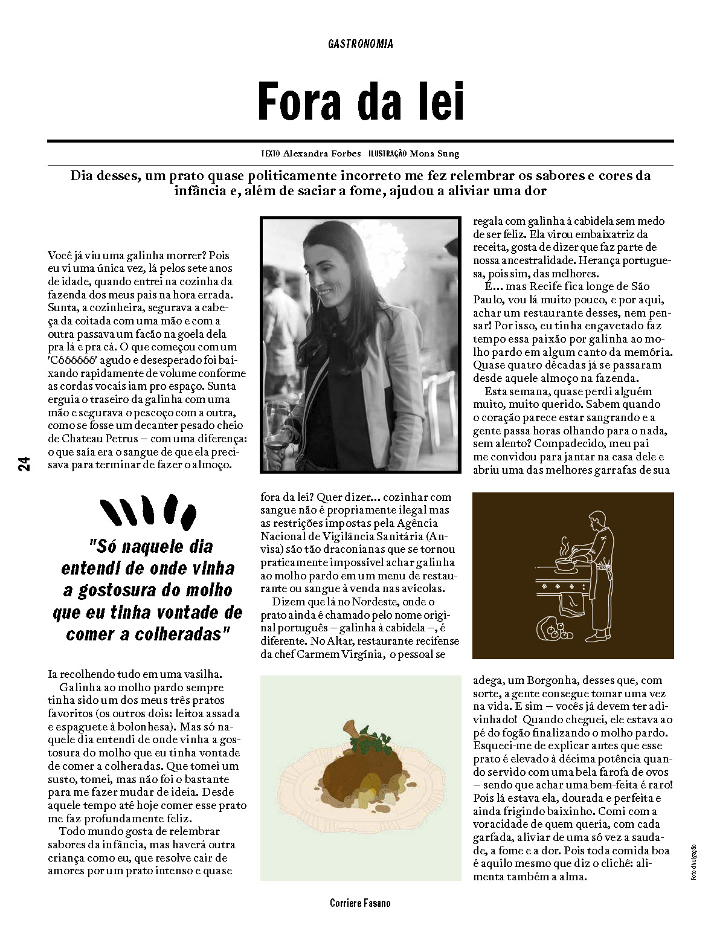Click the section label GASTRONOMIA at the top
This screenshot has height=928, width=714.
tap(361, 43)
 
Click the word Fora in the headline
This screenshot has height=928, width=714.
tap(300, 102)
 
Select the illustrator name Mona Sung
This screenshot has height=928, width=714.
tap(434, 153)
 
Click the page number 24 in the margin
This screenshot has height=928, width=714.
tap(24, 463)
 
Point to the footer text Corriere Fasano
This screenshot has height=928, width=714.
tap(360, 903)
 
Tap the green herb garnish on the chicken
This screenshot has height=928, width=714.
tap(366, 741)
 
